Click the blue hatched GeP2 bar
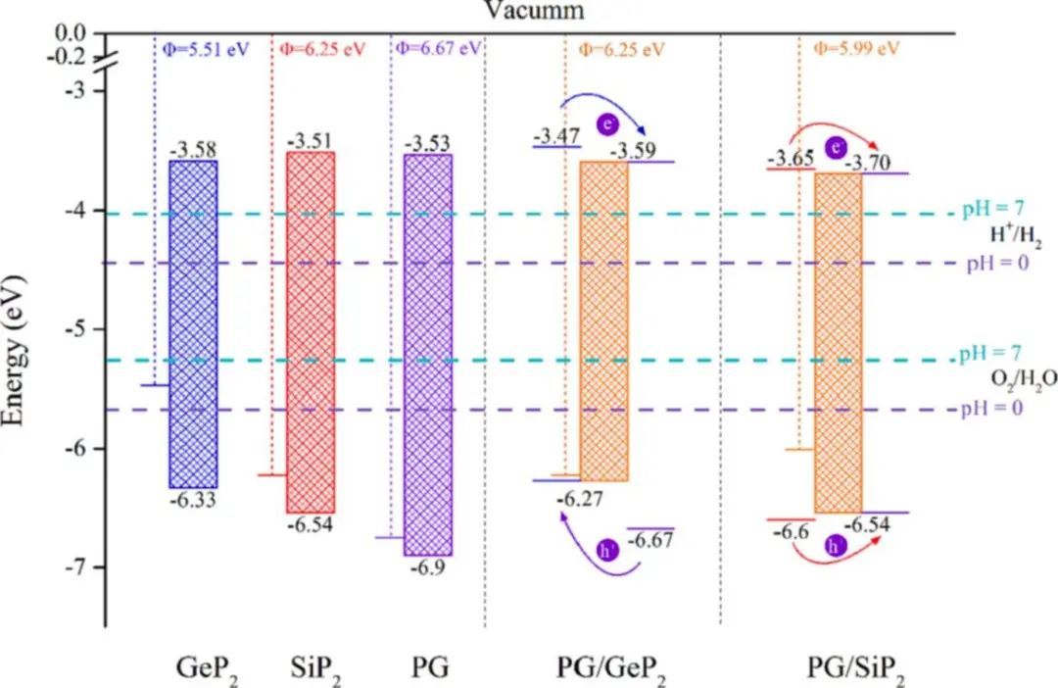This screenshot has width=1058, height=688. pos(193,323)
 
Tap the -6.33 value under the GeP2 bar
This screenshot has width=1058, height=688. pos(192,500)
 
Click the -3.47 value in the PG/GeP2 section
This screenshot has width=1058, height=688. pos(555,135)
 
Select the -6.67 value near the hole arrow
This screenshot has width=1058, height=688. pos(649,540)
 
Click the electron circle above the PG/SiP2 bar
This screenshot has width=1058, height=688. pos(835,148)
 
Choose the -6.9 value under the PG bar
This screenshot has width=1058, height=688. pos(428,567)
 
